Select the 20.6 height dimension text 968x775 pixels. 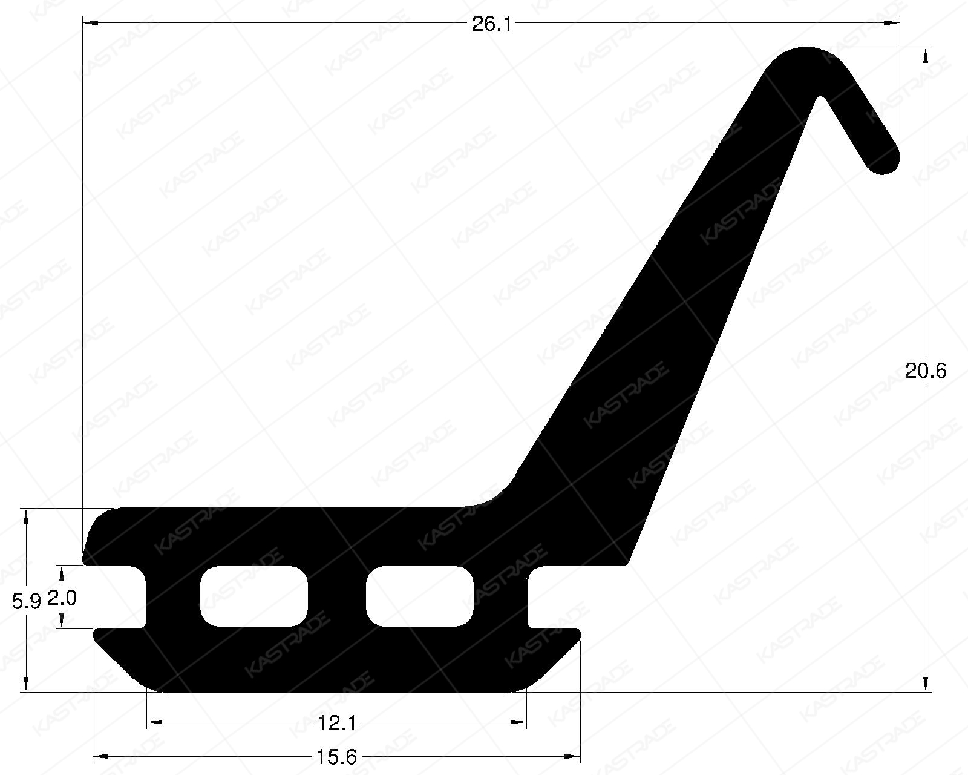pos(926,371)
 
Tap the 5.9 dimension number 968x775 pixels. pos(26,601)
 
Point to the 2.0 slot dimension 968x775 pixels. pos(62,598)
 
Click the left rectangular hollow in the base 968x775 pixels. pos(253,596)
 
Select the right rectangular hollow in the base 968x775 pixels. pos(419,596)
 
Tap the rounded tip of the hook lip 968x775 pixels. pos(885,159)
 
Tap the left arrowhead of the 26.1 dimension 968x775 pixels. pos(90,23)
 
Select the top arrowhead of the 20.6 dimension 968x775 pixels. pos(926,56)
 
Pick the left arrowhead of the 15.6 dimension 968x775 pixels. pos(100,756)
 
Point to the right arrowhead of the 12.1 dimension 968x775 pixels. pos(519,722)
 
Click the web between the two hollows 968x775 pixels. pos(337,596)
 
